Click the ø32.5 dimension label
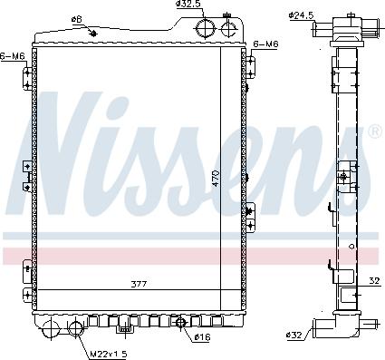coord(189,5)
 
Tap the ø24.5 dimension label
coord(301,14)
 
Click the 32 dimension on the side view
coord(374,279)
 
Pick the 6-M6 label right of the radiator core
coord(265,44)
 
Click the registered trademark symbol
coord(374,132)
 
